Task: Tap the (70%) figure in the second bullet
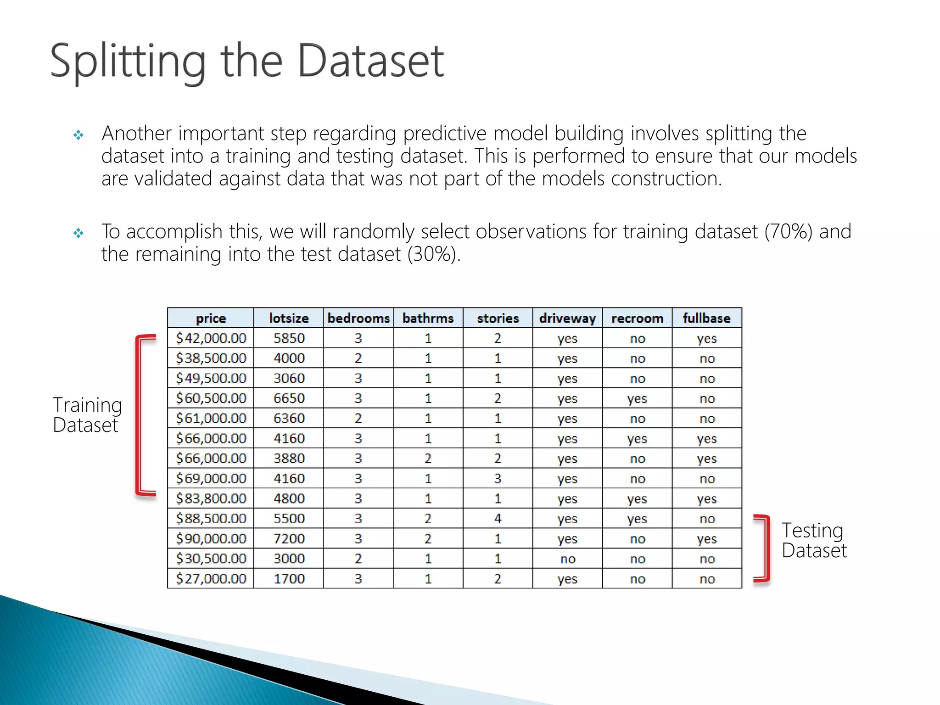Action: click(788, 231)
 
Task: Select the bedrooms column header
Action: click(358, 318)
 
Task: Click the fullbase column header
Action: click(706, 318)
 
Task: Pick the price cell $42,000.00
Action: click(211, 338)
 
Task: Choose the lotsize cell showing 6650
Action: click(289, 398)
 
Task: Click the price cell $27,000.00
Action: click(211, 579)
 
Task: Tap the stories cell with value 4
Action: click(498, 519)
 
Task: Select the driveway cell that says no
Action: click(568, 559)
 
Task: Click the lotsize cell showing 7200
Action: click(289, 539)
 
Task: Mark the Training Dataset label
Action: click(87, 415)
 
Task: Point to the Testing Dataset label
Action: click(813, 540)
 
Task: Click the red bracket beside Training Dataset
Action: click(140, 415)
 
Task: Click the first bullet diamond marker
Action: click(78, 135)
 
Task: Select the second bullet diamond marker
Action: click(78, 233)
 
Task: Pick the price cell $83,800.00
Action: click(211, 498)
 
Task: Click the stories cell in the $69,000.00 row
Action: click(498, 479)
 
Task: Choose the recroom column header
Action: click(637, 318)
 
